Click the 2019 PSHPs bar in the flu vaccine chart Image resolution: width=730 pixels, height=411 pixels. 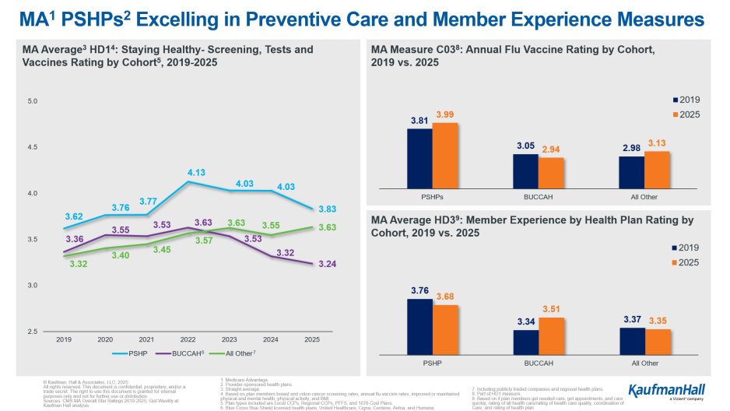click(x=419, y=158)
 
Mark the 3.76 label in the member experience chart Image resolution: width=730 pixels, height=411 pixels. click(x=419, y=290)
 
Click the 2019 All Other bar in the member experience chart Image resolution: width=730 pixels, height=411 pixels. click(x=631, y=340)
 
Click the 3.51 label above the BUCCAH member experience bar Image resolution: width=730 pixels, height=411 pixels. click(x=551, y=309)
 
